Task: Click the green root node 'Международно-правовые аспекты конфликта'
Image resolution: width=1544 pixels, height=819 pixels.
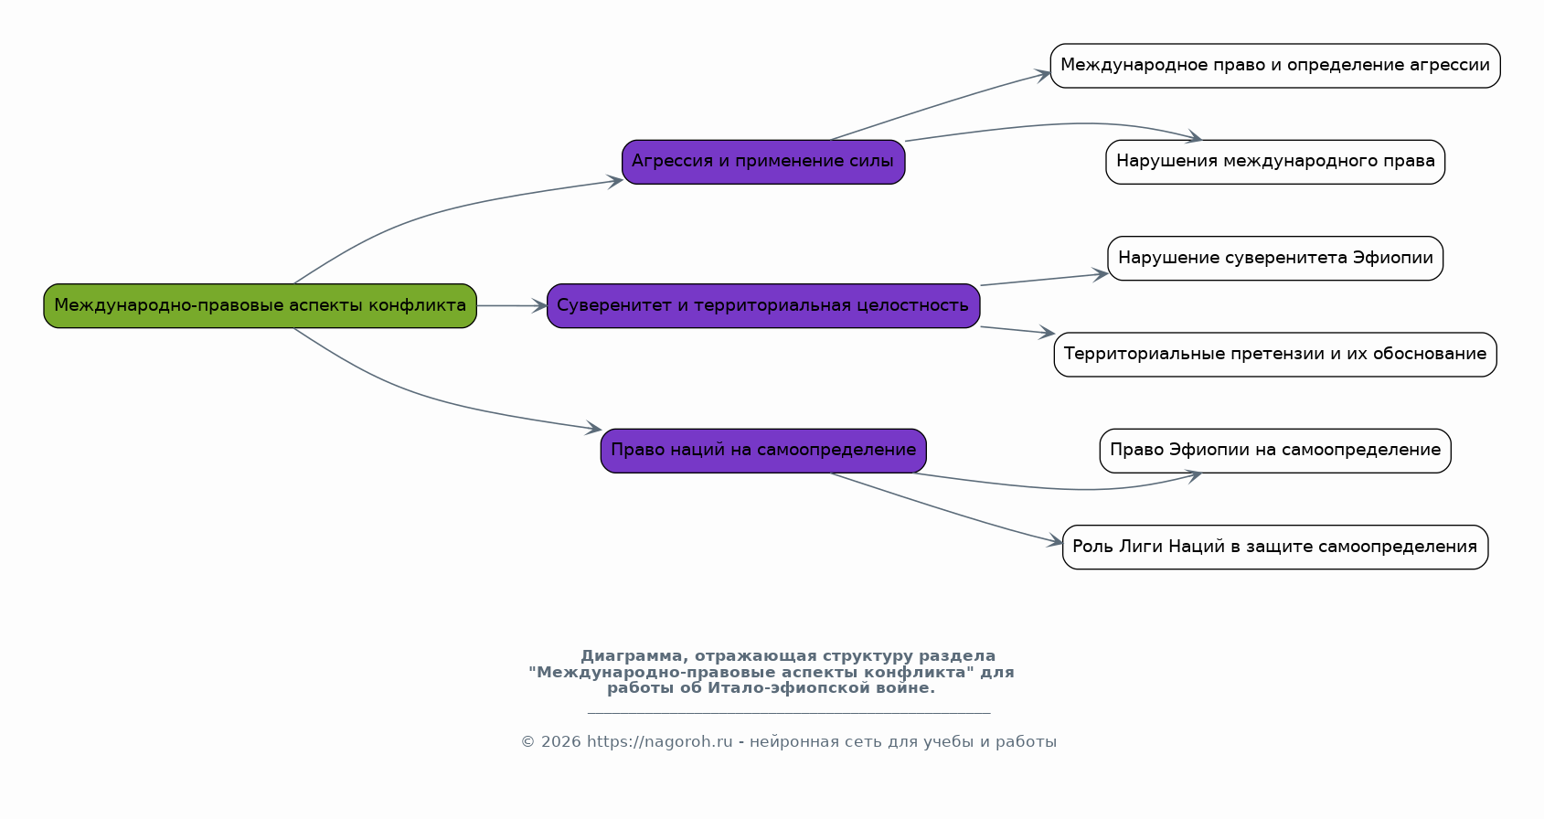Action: pos(260,305)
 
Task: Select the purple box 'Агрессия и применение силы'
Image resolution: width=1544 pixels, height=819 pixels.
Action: pos(763,162)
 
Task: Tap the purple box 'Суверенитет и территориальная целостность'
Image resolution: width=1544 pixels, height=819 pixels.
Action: pos(763,305)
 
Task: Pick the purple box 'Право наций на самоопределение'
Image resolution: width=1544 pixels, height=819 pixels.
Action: pos(763,450)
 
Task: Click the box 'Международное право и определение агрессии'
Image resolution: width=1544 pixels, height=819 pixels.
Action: pos(1275,66)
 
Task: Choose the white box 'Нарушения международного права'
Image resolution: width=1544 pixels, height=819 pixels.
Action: pos(1275,162)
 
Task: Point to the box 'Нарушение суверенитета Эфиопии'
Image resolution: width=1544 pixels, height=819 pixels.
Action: pos(1275,259)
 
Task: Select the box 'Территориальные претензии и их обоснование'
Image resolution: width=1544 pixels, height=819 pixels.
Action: pos(1275,355)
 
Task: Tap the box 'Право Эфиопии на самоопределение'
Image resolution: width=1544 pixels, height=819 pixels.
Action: pos(1275,450)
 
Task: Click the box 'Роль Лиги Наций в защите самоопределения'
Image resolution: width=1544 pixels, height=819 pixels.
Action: pos(1275,547)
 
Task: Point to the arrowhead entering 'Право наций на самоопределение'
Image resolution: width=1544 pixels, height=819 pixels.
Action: pos(593,428)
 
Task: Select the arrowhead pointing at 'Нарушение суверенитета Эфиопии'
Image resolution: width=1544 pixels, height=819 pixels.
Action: pos(1100,274)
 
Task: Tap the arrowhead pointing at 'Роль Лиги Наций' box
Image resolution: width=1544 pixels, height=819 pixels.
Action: pos(1055,541)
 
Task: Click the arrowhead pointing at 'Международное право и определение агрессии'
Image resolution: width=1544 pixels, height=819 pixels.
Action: pos(1042,74)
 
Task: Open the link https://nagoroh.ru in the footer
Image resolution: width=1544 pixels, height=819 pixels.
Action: pos(660,742)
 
